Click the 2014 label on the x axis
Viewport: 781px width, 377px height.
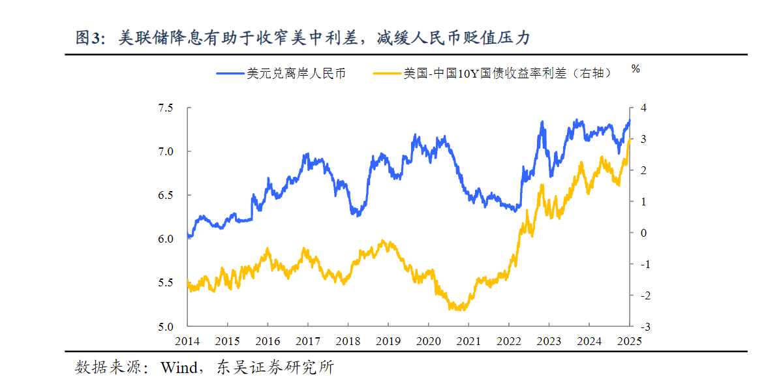(x=187, y=341)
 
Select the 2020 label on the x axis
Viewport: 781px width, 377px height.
(x=428, y=341)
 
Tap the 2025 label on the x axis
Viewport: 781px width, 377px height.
(x=630, y=341)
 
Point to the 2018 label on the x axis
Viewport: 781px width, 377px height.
(x=348, y=341)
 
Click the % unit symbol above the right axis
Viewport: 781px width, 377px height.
(x=636, y=68)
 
